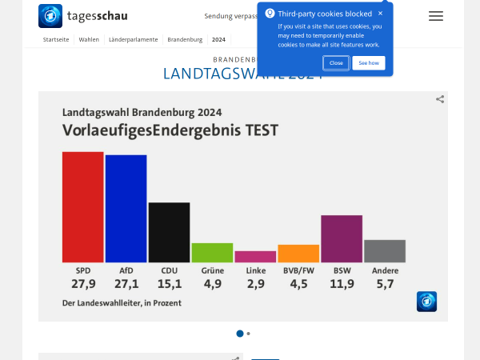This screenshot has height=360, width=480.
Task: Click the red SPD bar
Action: click(x=82, y=206)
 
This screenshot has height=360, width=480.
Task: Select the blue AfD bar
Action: click(x=126, y=208)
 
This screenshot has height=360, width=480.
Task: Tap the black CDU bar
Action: click(x=169, y=232)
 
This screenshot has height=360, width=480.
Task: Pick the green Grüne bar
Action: click(x=212, y=252)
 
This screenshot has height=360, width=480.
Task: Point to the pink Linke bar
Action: click(x=255, y=257)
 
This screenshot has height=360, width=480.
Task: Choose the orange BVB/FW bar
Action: click(x=298, y=254)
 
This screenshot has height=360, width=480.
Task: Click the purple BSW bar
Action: click(x=342, y=238)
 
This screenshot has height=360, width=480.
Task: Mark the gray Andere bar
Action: click(x=385, y=250)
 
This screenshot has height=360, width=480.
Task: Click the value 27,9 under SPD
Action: click(x=83, y=284)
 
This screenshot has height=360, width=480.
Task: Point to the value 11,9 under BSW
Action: click(x=342, y=284)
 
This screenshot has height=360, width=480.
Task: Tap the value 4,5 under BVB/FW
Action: click(x=298, y=284)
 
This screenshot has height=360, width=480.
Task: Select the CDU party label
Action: click(x=169, y=270)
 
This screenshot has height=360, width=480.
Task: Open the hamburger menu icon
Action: click(x=436, y=16)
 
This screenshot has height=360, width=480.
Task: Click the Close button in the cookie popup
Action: click(x=336, y=62)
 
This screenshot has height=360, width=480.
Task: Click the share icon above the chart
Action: click(x=440, y=99)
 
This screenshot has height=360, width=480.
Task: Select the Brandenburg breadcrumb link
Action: click(x=185, y=39)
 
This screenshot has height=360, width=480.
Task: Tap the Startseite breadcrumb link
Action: click(x=55, y=39)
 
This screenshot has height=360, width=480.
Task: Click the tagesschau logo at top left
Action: click(x=83, y=16)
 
